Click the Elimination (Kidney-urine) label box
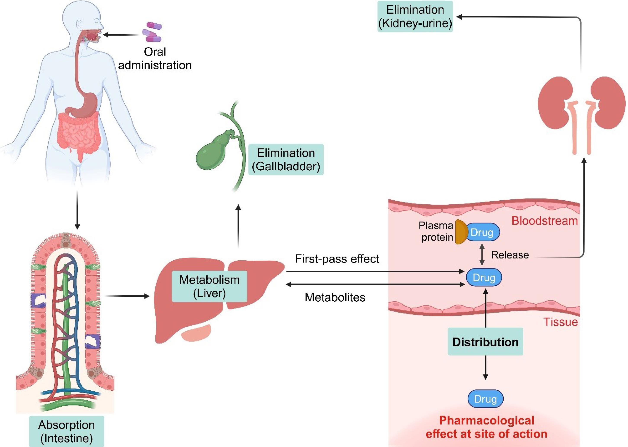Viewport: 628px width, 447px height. [415, 16]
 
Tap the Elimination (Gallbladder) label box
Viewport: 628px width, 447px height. [286, 160]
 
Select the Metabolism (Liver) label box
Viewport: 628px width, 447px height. [209, 286]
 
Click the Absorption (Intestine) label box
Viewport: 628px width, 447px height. [66, 431]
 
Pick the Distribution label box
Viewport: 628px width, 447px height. [485, 342]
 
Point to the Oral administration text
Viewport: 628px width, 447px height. [155, 59]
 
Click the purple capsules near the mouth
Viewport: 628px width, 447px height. [152, 32]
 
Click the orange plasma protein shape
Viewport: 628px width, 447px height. [461, 232]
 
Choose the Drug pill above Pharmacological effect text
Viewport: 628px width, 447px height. [485, 399]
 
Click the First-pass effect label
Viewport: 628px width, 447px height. [337, 259]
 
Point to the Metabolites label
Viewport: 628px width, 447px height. [335, 297]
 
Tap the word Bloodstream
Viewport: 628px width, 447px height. [544, 221]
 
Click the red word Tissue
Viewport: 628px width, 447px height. [561, 322]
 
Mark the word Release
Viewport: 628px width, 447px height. [510, 255]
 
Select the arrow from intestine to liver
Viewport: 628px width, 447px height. [127, 296]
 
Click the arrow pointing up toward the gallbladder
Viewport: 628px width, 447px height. [238, 226]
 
